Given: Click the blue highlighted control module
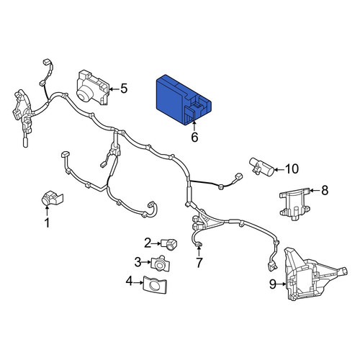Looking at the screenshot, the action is pyautogui.click(x=184, y=100).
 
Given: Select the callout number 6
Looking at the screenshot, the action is pyautogui.click(x=194, y=138).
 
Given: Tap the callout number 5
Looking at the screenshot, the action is pyautogui.click(x=124, y=89).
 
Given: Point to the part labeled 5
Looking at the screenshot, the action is pyautogui.click(x=93, y=88).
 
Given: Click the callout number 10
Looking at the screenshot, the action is pyautogui.click(x=292, y=169).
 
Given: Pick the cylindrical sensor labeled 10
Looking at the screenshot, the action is pyautogui.click(x=261, y=166).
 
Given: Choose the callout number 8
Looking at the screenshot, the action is pyautogui.click(x=325, y=191).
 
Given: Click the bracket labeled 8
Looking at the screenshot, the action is pyautogui.click(x=295, y=204).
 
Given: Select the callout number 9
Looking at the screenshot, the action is pyautogui.click(x=273, y=284).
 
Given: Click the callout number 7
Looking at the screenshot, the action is pyautogui.click(x=199, y=263).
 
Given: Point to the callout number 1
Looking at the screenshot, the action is pyautogui.click(x=48, y=223).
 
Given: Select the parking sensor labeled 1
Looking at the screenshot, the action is pyautogui.click(x=51, y=199).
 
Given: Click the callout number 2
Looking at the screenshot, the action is pyautogui.click(x=148, y=243).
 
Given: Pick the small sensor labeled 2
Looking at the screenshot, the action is pyautogui.click(x=169, y=244).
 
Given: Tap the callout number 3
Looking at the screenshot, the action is pyautogui.click(x=138, y=262).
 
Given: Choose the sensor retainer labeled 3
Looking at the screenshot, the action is pyautogui.click(x=161, y=264).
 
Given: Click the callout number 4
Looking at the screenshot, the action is pyautogui.click(x=130, y=282).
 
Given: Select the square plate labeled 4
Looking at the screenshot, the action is pyautogui.click(x=155, y=285).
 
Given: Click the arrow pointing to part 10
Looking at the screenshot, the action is pyautogui.click(x=279, y=169).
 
